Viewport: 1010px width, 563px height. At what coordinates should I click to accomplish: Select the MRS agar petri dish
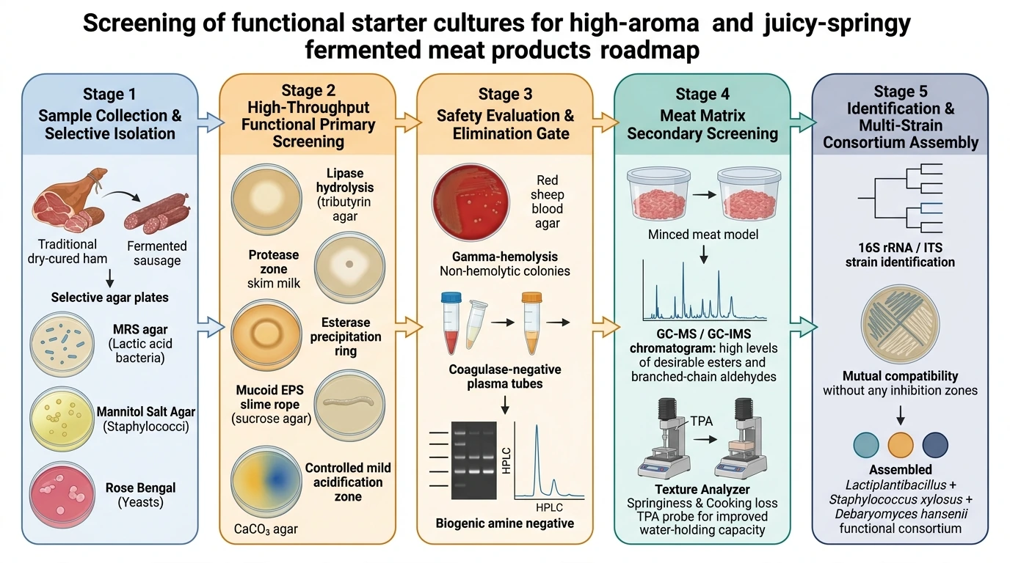click(62, 345)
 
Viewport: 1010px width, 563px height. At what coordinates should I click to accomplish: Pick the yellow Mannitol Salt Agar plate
click(62, 419)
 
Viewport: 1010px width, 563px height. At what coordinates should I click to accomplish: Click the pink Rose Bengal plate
click(62, 494)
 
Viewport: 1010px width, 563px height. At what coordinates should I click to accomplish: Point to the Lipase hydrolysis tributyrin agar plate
click(266, 199)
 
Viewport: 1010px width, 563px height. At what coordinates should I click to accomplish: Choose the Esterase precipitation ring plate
click(266, 335)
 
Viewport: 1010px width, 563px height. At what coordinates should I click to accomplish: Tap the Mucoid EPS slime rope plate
click(349, 405)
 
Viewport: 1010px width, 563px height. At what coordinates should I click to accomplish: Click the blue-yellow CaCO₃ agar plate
click(266, 482)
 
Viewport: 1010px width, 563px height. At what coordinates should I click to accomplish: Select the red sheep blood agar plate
click(471, 202)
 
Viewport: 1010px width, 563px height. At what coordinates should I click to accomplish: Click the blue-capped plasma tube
click(451, 323)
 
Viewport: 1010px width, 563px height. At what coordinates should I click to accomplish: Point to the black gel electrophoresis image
click(474, 460)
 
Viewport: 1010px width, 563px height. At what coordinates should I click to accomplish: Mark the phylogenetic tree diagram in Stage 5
click(900, 198)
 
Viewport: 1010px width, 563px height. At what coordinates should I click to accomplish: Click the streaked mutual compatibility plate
click(900, 324)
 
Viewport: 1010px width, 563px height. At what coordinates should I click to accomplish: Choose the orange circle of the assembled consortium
click(901, 445)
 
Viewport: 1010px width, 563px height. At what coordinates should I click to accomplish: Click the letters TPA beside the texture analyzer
click(701, 421)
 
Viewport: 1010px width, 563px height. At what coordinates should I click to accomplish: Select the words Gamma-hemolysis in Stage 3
click(504, 257)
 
